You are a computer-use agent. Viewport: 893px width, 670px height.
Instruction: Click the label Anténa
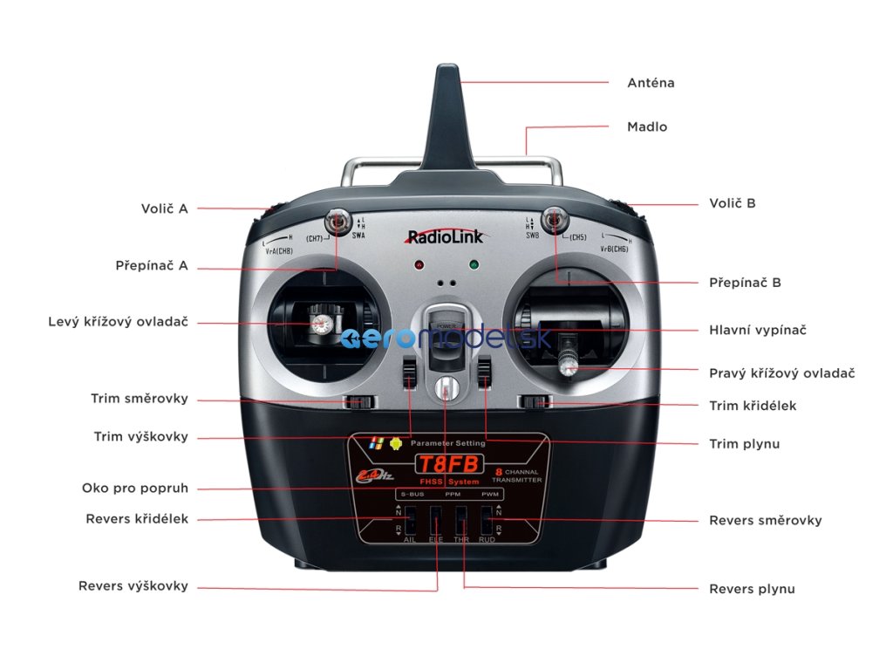pos(651,83)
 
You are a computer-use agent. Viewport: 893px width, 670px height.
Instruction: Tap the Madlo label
pos(647,126)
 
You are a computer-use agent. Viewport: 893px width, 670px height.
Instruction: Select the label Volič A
pos(164,209)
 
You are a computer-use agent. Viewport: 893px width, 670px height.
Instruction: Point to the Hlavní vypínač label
pos(757,330)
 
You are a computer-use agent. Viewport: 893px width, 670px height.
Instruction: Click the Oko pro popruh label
pos(134,489)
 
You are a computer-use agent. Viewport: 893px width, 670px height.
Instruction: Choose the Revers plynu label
pos(752,589)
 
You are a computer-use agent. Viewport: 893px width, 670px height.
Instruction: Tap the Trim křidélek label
pos(752,406)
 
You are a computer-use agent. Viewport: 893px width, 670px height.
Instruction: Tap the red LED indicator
pos(419,264)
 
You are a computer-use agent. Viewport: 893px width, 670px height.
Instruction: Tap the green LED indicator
pos(474,264)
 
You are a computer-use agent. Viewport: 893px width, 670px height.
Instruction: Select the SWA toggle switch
pos(337,220)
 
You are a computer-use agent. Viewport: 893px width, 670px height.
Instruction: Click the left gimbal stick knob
pos(319,325)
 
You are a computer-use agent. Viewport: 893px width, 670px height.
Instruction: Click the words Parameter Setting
pos(448,444)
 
